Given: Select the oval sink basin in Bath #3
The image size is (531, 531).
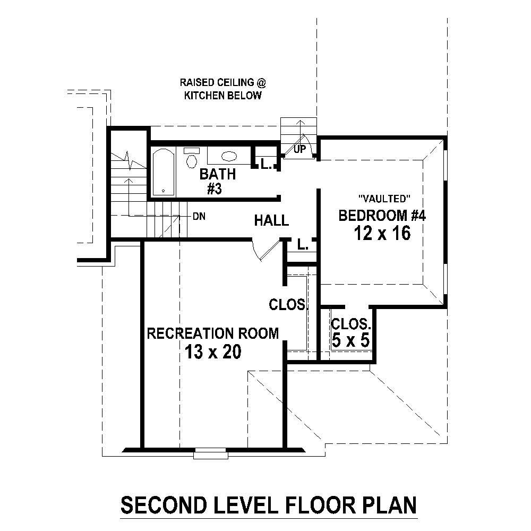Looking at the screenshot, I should point(229,156).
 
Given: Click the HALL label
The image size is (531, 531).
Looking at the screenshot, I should point(271,220).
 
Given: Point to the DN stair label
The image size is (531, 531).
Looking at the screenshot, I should point(199,217).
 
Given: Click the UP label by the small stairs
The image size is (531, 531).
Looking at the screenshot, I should point(300,150).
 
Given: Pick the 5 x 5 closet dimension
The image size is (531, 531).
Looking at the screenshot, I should point(350,340).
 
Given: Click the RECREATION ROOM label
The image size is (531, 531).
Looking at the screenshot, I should point(212,333).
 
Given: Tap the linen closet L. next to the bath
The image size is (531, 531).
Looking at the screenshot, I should point(266,165).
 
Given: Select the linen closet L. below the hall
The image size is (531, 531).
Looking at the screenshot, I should point(303,245).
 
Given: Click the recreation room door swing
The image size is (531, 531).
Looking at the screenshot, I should point(265,251).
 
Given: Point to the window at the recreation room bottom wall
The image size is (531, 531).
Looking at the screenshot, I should point(210,454).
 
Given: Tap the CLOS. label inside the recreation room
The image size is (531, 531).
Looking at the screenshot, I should point(288,305).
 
